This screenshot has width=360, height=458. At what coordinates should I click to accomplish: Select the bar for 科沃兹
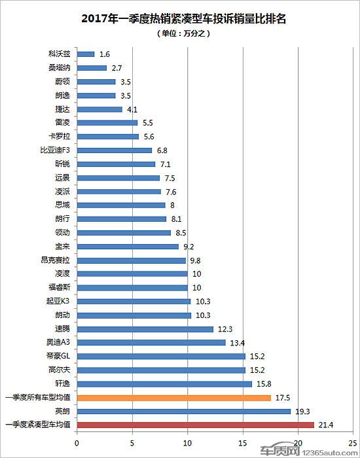pyautogui.click(x=86, y=54)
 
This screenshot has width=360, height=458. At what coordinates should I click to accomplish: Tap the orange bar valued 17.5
pyautogui.click(x=173, y=398)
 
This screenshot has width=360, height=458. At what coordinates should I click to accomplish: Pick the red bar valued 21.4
pyautogui.click(x=195, y=425)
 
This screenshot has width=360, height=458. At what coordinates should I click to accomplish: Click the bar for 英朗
pyautogui.click(x=184, y=412)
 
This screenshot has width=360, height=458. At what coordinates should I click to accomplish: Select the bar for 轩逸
pyautogui.click(x=164, y=384)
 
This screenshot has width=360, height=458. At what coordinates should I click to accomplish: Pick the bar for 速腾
pyautogui.click(x=145, y=328)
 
